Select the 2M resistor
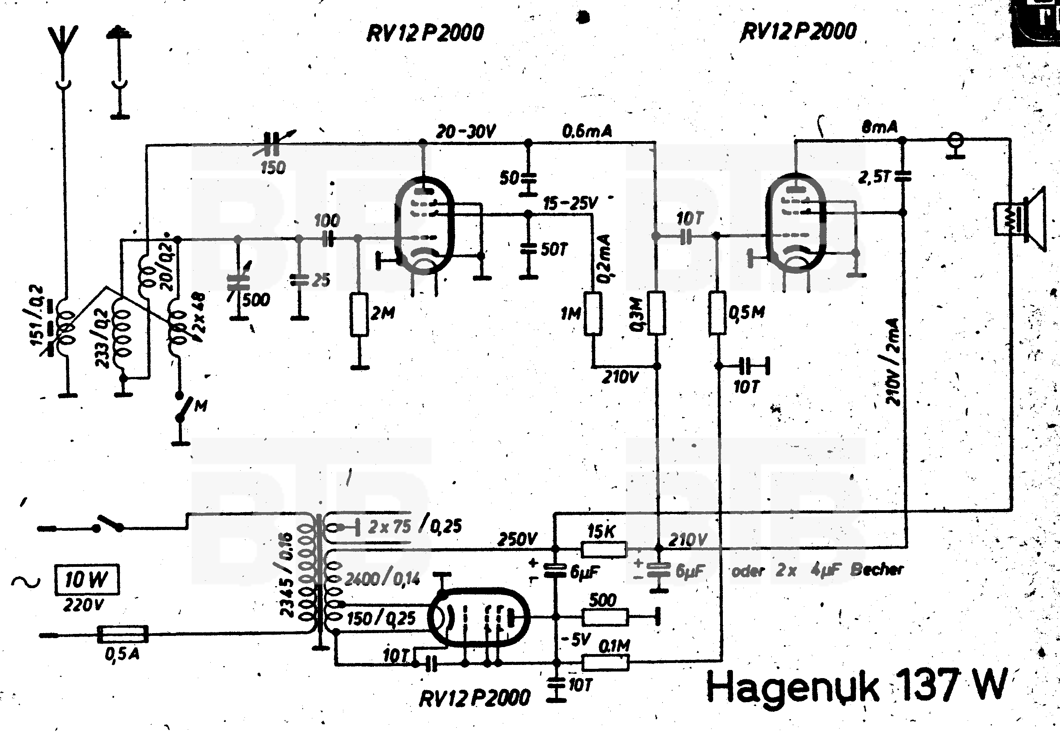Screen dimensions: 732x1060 pyautogui.click(x=359, y=316)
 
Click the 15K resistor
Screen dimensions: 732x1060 pyautogui.click(x=603, y=549)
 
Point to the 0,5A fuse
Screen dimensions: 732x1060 pyautogui.click(x=123, y=635)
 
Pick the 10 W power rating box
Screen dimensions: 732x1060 pyautogui.click(x=87, y=580)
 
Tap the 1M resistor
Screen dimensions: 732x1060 pyautogui.click(x=593, y=314)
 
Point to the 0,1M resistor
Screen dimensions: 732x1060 pyautogui.click(x=605, y=662)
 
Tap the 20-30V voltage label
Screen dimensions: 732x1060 pyautogui.click(x=465, y=132)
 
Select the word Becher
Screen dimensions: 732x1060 pyautogui.click(x=876, y=570)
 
